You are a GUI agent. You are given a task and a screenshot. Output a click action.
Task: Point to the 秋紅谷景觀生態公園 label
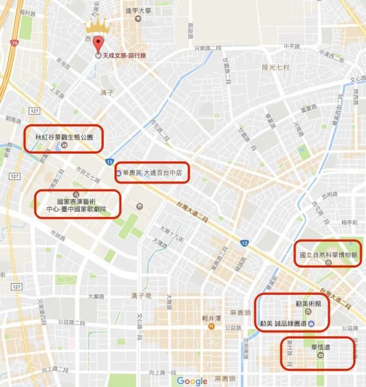tap(63, 138)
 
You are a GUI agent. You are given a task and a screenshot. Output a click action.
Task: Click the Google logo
tap(192, 381)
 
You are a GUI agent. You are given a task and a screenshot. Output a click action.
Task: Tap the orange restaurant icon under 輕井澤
tap(210, 326)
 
